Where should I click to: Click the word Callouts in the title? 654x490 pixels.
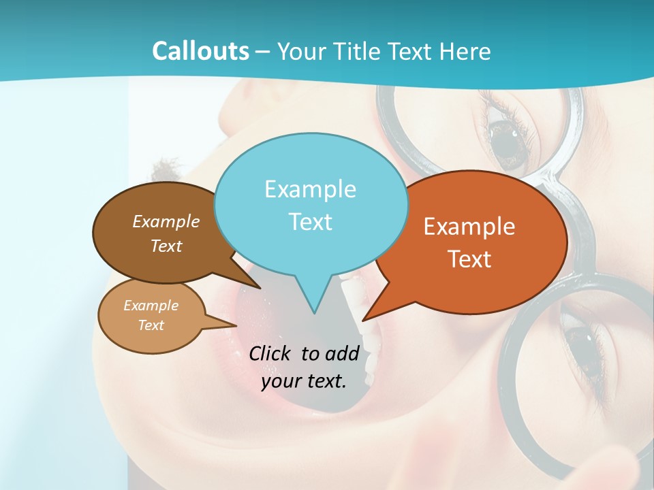click(x=200, y=51)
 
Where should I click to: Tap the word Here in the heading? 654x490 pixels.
click(x=464, y=51)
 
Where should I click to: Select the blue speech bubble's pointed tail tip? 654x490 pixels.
click(x=313, y=312)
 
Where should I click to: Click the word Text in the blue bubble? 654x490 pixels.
click(x=310, y=221)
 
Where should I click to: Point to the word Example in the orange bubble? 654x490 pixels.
click(x=469, y=227)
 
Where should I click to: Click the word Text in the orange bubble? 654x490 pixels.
click(x=469, y=259)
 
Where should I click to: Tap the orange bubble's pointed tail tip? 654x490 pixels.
click(x=364, y=319)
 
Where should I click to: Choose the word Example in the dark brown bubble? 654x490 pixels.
click(x=166, y=221)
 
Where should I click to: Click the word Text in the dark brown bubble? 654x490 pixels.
click(x=166, y=246)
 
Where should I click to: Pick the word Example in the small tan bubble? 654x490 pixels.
click(x=151, y=306)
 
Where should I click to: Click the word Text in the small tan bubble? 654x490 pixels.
click(x=151, y=325)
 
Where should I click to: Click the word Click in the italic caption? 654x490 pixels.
click(x=271, y=353)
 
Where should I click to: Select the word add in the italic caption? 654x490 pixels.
click(x=342, y=353)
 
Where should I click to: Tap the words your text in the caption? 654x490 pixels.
click(x=304, y=381)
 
